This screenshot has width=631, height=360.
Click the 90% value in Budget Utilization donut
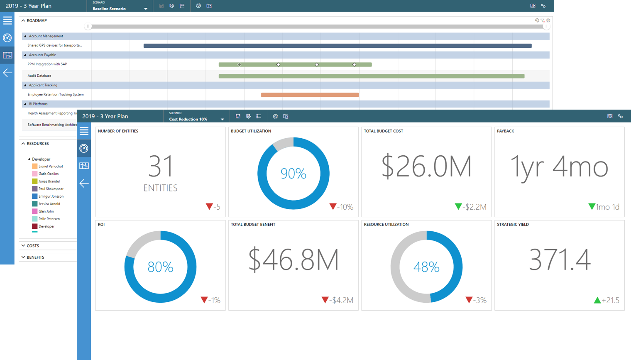[293, 174]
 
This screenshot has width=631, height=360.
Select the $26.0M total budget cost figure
[426, 167]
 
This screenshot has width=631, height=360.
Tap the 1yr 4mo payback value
[559, 167]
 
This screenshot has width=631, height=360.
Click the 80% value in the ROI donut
[160, 267]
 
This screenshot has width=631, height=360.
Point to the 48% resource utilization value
[426, 267]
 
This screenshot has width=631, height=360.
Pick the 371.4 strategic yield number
[559, 260]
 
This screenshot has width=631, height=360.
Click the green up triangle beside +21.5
[597, 300]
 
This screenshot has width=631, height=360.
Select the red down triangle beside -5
[209, 206]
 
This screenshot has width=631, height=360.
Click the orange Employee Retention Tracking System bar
[310, 95]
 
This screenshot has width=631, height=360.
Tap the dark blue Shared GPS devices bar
[337, 46]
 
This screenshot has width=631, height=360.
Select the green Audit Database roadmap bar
[371, 76]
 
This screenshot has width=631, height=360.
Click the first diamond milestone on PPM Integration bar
[239, 64]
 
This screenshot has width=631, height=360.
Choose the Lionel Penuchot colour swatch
[35, 166]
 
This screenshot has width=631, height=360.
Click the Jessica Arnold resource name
[49, 204]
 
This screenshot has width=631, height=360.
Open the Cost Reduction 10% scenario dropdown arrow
[223, 120]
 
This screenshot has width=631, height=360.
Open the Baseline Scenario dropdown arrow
[146, 9]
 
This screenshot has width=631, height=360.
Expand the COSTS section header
[33, 246]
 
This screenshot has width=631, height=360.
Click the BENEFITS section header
[35, 257]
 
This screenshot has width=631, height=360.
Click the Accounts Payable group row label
[42, 55]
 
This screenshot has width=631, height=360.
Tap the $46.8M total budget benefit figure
[293, 260]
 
